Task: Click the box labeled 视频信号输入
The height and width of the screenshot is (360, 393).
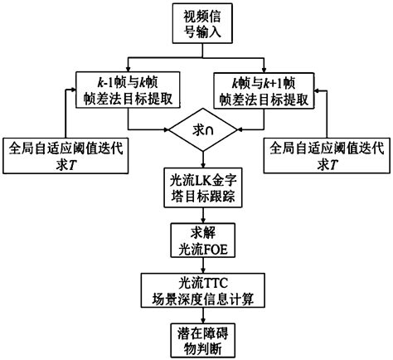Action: [197, 22]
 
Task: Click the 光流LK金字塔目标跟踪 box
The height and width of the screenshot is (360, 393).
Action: [197, 187]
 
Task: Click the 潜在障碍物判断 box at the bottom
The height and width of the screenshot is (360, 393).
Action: [197, 338]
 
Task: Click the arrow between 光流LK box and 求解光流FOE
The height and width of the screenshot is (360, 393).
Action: [197, 214]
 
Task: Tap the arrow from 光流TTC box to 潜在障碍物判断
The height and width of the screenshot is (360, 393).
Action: [197, 315]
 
